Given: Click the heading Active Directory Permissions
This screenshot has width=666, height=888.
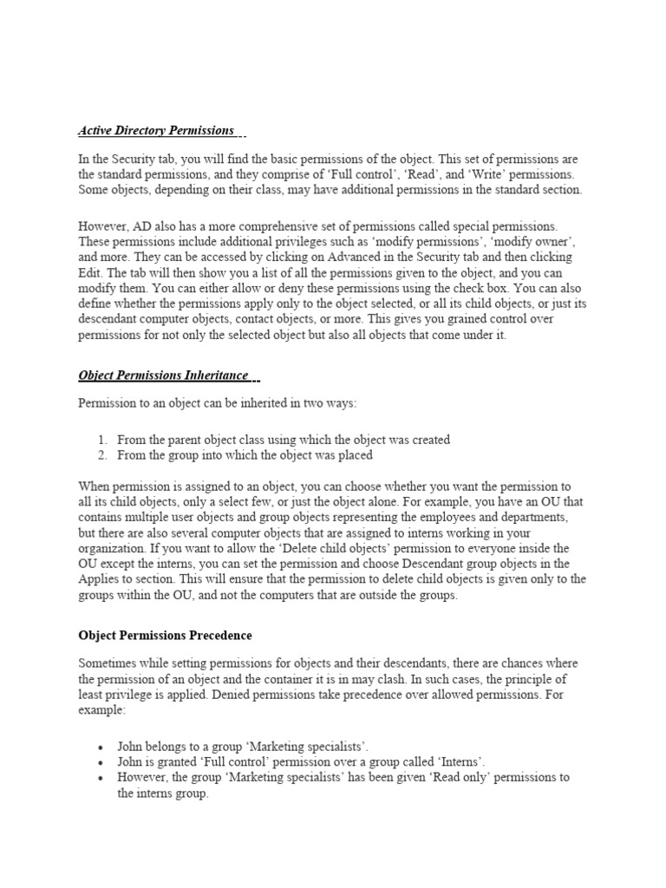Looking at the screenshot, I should click(x=156, y=131).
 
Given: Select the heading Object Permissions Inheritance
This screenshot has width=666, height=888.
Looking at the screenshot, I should click(x=164, y=375).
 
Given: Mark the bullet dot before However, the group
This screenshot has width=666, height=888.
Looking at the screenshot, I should click(x=101, y=778).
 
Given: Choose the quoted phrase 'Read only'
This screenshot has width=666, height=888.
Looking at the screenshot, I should click(x=405, y=778).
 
